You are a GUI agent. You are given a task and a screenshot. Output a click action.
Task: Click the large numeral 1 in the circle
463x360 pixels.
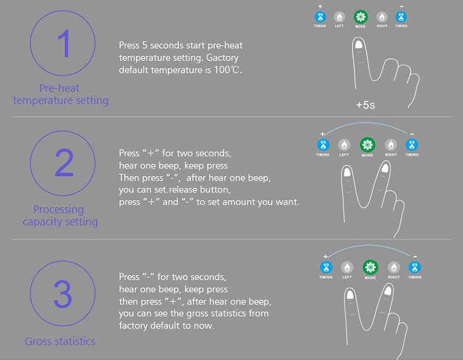pyautogui.click(x=64, y=44)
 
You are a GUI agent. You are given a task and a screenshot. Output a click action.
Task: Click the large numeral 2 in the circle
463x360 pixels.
pyautogui.click(x=64, y=163)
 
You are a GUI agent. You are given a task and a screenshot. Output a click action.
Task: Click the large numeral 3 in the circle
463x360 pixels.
pyautogui.click(x=63, y=294)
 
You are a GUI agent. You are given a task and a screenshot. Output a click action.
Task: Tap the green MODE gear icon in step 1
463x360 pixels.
pyautogui.click(x=361, y=17)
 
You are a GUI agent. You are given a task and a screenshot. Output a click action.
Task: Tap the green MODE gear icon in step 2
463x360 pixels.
pyautogui.click(x=367, y=144)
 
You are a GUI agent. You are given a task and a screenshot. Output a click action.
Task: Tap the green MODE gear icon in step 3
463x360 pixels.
pyautogui.click(x=370, y=267)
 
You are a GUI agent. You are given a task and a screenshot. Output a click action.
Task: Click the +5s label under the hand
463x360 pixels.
pyautogui.click(x=365, y=105)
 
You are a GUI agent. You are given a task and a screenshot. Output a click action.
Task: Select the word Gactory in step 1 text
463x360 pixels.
pyautogui.click(x=222, y=58)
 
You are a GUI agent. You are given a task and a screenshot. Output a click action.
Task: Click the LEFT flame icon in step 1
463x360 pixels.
pyautogui.click(x=340, y=17)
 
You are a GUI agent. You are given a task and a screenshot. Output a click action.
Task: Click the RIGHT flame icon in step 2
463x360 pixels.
pyautogui.click(x=391, y=144)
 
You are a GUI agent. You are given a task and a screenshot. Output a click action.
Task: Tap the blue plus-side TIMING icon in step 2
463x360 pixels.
pyautogui.click(x=323, y=144)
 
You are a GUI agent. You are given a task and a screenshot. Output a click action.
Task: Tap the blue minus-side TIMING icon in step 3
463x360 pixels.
pyautogui.click(x=415, y=267)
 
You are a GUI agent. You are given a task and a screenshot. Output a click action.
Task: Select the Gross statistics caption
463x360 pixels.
pyautogui.click(x=60, y=341)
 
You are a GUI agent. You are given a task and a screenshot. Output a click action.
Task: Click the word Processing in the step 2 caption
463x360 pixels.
pyautogui.click(x=59, y=210)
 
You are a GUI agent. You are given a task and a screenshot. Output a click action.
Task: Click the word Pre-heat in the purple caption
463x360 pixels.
pyautogui.click(x=59, y=88)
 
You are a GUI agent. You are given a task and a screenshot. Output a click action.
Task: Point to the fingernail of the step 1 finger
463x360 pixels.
pyautogui.click(x=359, y=44)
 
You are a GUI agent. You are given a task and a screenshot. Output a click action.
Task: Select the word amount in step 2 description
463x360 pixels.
pyautogui.click(x=238, y=202)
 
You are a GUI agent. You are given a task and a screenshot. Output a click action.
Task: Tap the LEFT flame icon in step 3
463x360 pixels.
pyautogui.click(x=347, y=267)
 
